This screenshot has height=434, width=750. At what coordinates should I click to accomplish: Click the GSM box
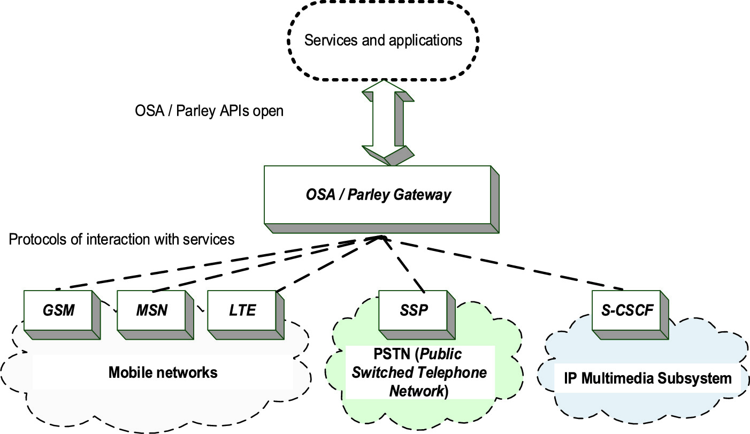[x=59, y=310]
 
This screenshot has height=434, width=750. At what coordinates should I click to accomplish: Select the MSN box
[x=151, y=310]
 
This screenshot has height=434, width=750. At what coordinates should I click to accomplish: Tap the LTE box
[x=242, y=310]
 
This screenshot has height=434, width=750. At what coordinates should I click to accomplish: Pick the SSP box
[x=414, y=310]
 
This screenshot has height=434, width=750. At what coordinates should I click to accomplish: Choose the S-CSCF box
[x=627, y=310]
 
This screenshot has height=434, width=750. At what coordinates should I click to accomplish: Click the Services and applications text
[x=383, y=40]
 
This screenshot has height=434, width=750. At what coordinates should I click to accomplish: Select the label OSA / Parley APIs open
[x=209, y=111]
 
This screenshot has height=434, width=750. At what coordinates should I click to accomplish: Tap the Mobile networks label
[x=163, y=372]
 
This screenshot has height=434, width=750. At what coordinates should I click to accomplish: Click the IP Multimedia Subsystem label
[x=648, y=379]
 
